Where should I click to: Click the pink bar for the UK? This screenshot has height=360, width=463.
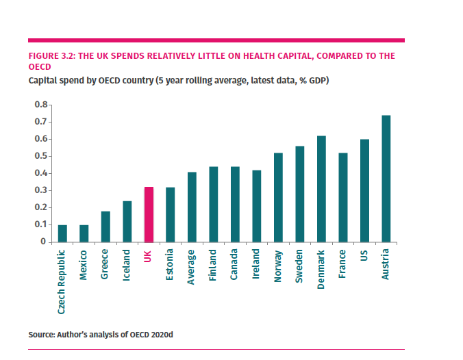[x=149, y=214]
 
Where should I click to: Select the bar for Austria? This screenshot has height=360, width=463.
[x=386, y=179]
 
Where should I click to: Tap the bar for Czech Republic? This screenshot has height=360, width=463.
[x=62, y=233]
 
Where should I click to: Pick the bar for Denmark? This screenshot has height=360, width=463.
[x=321, y=189]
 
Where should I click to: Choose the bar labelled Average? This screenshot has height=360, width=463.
[x=192, y=207]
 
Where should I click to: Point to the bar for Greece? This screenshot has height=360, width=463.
[x=105, y=227]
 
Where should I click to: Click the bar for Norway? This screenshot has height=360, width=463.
[x=278, y=197]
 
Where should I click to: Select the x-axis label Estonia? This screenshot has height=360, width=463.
[x=171, y=267]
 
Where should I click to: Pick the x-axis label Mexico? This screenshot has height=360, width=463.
[x=84, y=266]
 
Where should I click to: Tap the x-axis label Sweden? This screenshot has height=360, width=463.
[x=300, y=266]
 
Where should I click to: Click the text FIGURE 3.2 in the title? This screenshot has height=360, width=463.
[x=51, y=55]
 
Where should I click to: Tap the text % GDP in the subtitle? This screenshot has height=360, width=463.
[x=314, y=81]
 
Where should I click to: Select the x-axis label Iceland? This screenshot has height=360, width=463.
[x=127, y=266]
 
